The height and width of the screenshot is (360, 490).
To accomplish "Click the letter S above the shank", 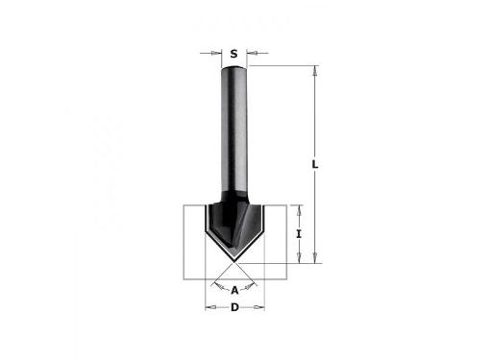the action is click(x=234, y=54).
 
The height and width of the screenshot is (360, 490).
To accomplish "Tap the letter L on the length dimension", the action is click(x=315, y=164).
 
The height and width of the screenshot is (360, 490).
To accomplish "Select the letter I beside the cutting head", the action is click(x=299, y=234).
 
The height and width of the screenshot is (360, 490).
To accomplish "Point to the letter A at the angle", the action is click(x=234, y=291).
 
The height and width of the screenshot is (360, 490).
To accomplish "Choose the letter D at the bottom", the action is click(x=234, y=307).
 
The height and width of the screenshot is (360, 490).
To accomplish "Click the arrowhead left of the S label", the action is click(x=216, y=53).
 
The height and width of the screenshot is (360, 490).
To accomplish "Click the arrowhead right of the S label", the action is click(x=252, y=53).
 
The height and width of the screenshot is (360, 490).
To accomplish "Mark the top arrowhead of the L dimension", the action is click(x=315, y=71).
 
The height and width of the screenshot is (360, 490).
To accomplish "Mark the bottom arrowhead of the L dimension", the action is click(x=315, y=257).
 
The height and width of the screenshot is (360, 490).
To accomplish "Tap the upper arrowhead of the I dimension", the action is click(x=299, y=210).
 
